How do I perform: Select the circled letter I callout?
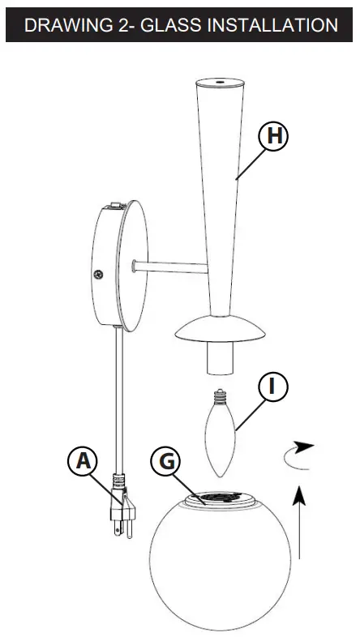pyautogui.click(x=273, y=387)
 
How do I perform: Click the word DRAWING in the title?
pyautogui.click(x=66, y=25)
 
